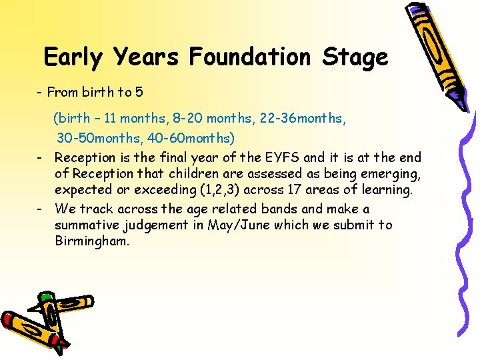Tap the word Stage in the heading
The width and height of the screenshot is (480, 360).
355,57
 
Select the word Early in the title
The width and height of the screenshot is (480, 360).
73,57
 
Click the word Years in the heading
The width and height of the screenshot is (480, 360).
145,57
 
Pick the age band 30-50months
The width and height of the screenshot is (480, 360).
94,138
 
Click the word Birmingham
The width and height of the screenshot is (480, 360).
92,241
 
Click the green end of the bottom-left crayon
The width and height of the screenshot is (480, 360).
45,297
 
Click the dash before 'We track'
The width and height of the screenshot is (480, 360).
41,209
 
